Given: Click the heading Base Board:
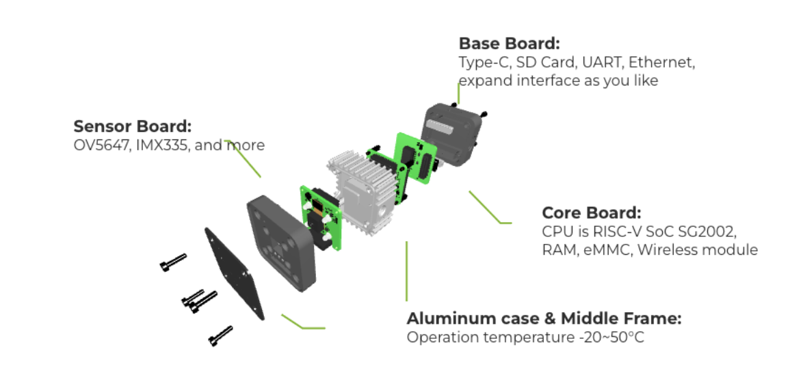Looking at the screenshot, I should point(509,44).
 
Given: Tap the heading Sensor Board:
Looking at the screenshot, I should point(132,126).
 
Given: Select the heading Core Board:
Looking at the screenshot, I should point(592,212).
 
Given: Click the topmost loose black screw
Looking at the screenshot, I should point(174,262).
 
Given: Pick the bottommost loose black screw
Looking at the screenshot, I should point(221,335).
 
